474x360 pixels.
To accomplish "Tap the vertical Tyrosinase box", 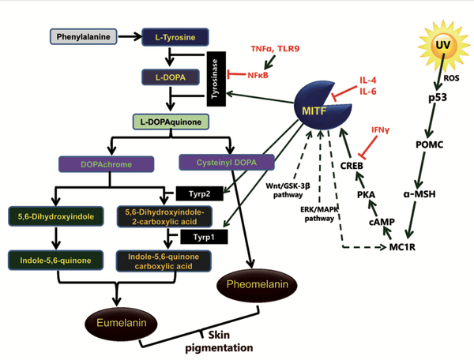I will click(217, 80).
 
